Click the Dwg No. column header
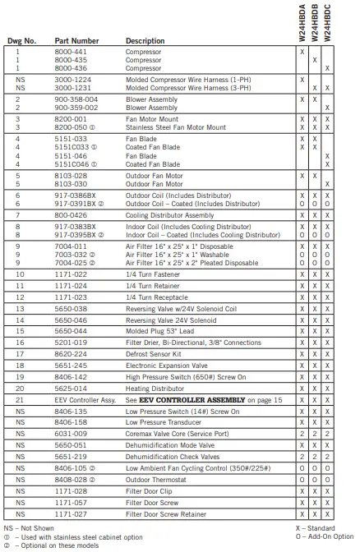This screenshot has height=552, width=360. (x=22, y=40)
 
